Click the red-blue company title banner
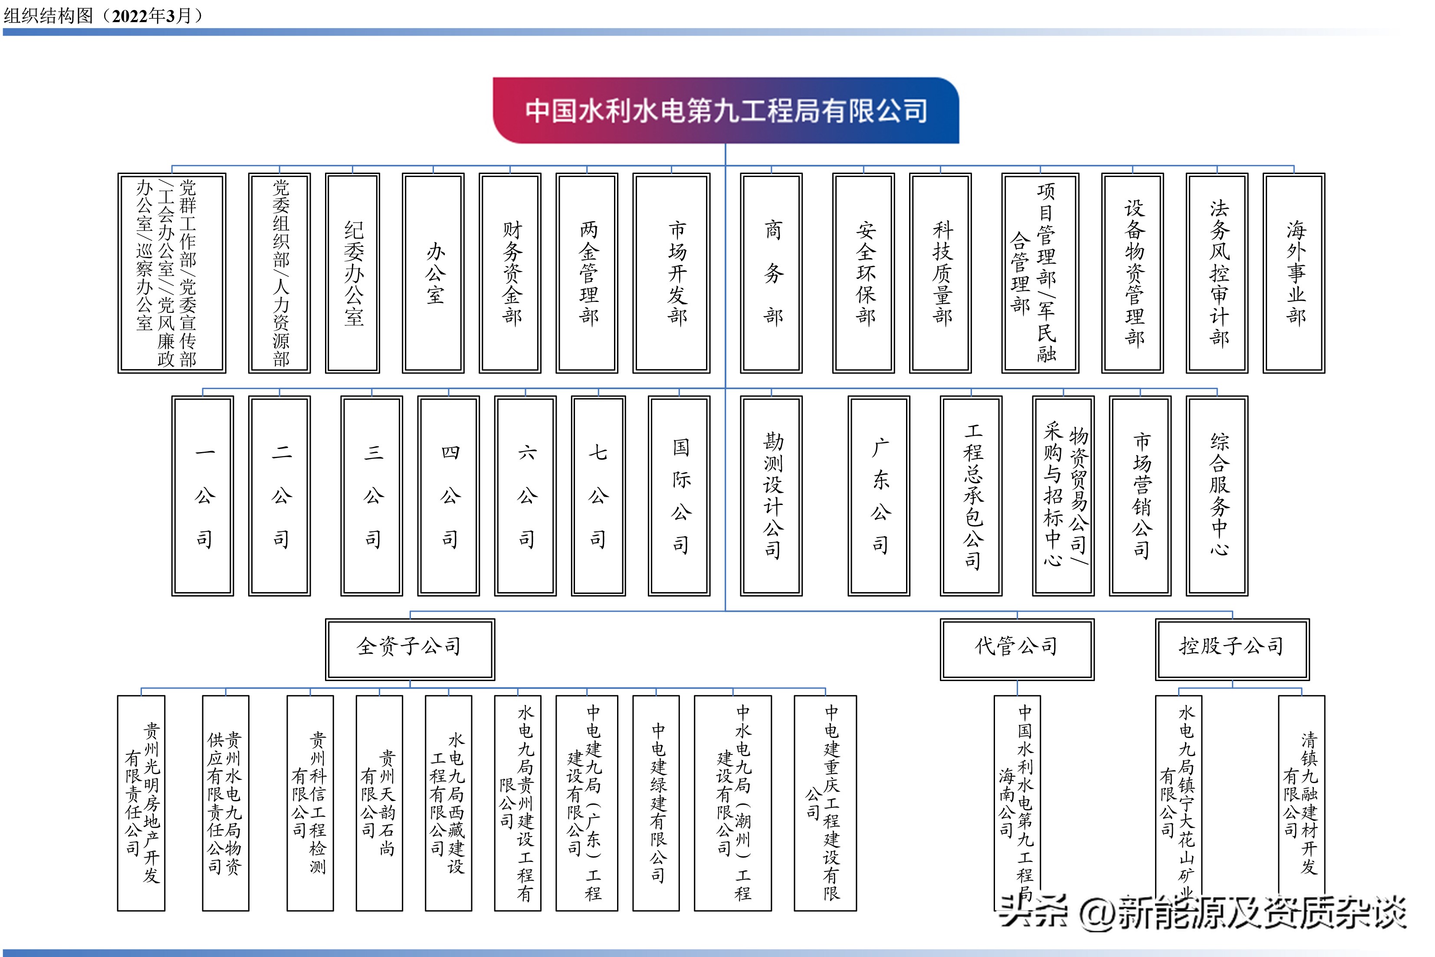725,111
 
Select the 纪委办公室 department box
353,273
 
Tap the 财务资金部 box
510,273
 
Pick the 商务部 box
772,273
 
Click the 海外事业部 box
1294,273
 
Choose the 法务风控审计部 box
1217,273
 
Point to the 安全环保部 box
864,273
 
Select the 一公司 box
203,495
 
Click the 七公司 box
598,495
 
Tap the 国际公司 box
680,495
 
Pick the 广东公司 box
879,495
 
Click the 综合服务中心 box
1217,495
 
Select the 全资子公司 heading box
410,649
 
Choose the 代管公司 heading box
1017,649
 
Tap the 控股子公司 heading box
1232,649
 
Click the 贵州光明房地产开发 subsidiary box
141,803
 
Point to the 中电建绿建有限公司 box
656,803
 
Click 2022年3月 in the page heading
152,15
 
